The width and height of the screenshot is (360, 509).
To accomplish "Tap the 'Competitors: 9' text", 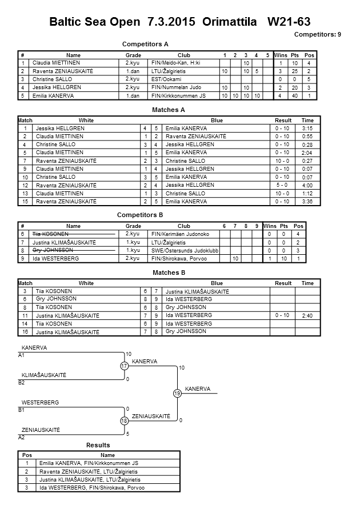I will tap(317, 35).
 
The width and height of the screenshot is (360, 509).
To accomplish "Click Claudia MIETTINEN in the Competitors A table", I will tap(56, 62).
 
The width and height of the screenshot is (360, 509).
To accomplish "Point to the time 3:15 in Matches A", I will tap(307, 129).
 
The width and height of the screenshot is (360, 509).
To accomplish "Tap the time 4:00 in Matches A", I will tap(307, 185).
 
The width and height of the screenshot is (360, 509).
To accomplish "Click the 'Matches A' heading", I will tap(169, 109).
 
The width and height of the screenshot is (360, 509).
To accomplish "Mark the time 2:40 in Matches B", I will tap(307, 315).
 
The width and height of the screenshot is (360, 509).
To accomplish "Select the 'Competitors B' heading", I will tap(140, 215).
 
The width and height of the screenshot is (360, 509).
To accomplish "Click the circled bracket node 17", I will tap(124, 366).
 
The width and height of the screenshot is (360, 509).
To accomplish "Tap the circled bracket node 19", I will tap(177, 393).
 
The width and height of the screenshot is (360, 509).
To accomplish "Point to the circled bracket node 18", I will tap(124, 420).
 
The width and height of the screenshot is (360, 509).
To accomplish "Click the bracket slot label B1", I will tap(22, 410).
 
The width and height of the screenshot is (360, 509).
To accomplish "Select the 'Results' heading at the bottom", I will tap(98, 445).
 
